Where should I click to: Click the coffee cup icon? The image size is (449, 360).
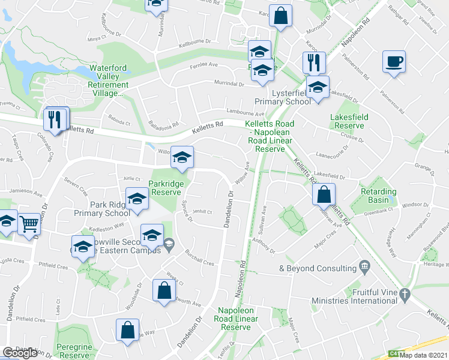point(394,62)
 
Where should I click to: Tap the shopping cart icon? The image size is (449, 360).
point(29,224)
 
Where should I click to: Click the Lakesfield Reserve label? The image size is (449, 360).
point(347,121)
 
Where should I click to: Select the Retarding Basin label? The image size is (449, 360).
point(379,196)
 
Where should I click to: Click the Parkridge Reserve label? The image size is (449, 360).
point(166,187)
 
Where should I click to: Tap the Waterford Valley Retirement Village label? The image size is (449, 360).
point(109,80)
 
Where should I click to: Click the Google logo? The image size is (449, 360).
point(20,353)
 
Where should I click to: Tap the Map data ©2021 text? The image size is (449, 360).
point(424,355)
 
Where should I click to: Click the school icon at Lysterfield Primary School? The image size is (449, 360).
point(318,88)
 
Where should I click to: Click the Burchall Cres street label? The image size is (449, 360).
point(199,258)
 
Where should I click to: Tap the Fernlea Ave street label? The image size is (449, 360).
point(203,66)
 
